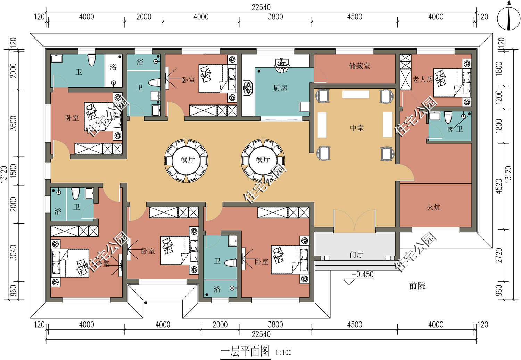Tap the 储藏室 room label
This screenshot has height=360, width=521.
[x=359, y=66]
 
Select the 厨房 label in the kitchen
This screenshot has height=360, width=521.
[x=280, y=88]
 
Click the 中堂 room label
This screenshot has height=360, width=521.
[x=357, y=128]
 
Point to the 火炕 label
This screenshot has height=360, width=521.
[x=433, y=207]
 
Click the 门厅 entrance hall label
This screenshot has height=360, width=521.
[x=356, y=255]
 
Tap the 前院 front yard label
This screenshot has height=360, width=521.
[x=417, y=286]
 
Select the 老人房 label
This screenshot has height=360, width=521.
[x=423, y=79]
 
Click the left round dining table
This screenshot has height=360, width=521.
[x=186, y=161]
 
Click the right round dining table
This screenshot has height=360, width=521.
[x=263, y=161]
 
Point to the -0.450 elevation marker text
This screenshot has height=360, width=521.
[x=362, y=275]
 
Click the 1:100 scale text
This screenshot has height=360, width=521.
[x=283, y=353]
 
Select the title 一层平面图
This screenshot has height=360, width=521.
[x=245, y=351]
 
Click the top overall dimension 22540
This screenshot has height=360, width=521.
[x=261, y=7]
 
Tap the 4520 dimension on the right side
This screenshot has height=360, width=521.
[x=499, y=186]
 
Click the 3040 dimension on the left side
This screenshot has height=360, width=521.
[x=14, y=252]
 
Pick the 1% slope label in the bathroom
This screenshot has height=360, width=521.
[x=449, y=129]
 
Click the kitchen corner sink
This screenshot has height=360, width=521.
[x=282, y=65]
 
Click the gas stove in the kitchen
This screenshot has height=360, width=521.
[x=248, y=88]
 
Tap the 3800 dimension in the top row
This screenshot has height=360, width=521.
[x=275, y=17]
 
